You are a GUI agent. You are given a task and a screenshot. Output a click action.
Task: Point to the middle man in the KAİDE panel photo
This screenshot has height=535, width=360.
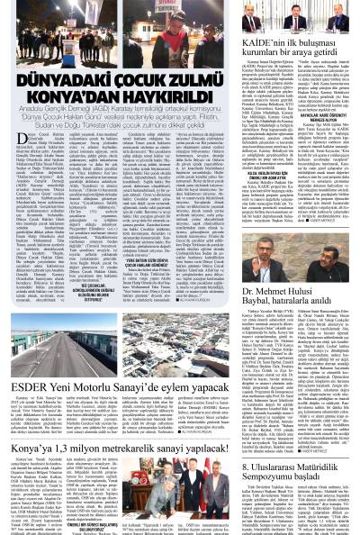coord(297,19)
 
